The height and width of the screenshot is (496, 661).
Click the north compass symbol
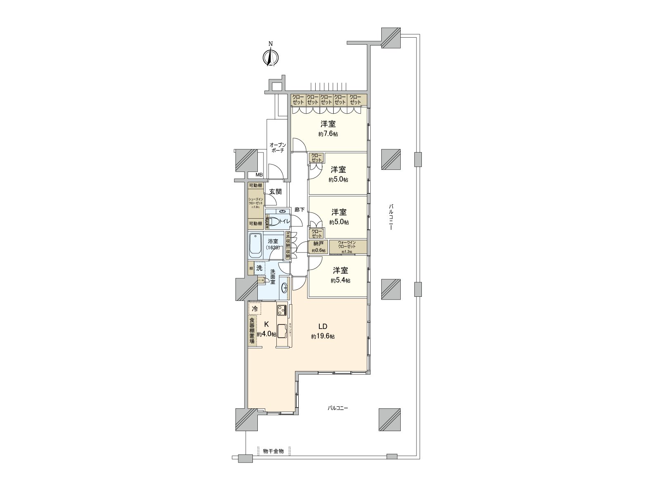click(x=271, y=57)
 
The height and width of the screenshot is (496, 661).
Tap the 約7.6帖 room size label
click(x=328, y=134)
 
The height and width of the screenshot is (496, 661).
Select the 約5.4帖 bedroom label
click(x=340, y=281)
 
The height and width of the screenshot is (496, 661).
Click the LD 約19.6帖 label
click(x=323, y=331)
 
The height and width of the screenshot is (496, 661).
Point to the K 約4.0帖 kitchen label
click(x=266, y=329)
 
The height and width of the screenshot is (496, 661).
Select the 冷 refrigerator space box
click(x=255, y=309)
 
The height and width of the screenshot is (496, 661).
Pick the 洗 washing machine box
click(x=259, y=268)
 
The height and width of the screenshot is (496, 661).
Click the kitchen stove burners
click(x=282, y=309)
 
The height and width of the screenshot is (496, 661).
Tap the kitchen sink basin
click(x=282, y=331)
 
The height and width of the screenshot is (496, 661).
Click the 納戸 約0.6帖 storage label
click(x=319, y=247)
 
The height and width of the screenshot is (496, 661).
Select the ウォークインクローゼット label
click(x=347, y=247)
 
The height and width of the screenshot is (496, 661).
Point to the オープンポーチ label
click(x=277, y=148)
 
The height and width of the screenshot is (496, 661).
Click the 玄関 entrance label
click(x=275, y=191)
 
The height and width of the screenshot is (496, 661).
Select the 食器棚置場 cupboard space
click(x=252, y=331)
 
